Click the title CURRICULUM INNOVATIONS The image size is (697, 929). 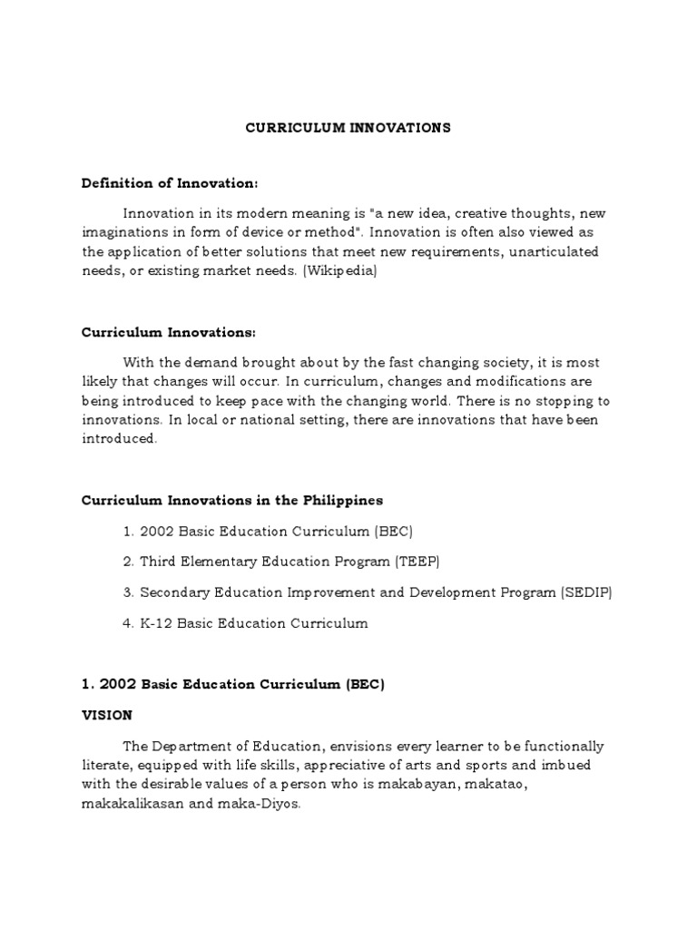tap(348, 128)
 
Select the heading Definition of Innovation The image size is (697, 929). tap(170, 183)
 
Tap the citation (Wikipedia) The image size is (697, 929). tap(338, 271)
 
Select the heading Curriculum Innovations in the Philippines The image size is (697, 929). tap(232, 500)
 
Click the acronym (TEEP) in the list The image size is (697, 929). tap(417, 562)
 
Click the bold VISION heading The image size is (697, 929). tap(106, 715)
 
